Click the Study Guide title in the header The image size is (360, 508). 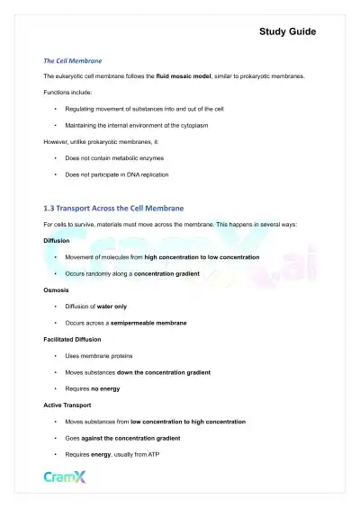pos(287,32)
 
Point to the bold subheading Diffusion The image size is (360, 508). pos(56,241)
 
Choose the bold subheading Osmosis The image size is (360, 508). pos(55,290)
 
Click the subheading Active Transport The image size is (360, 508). pos(67,405)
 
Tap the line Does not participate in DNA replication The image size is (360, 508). pos(117,174)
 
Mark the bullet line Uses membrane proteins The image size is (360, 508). pos(99,355)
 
